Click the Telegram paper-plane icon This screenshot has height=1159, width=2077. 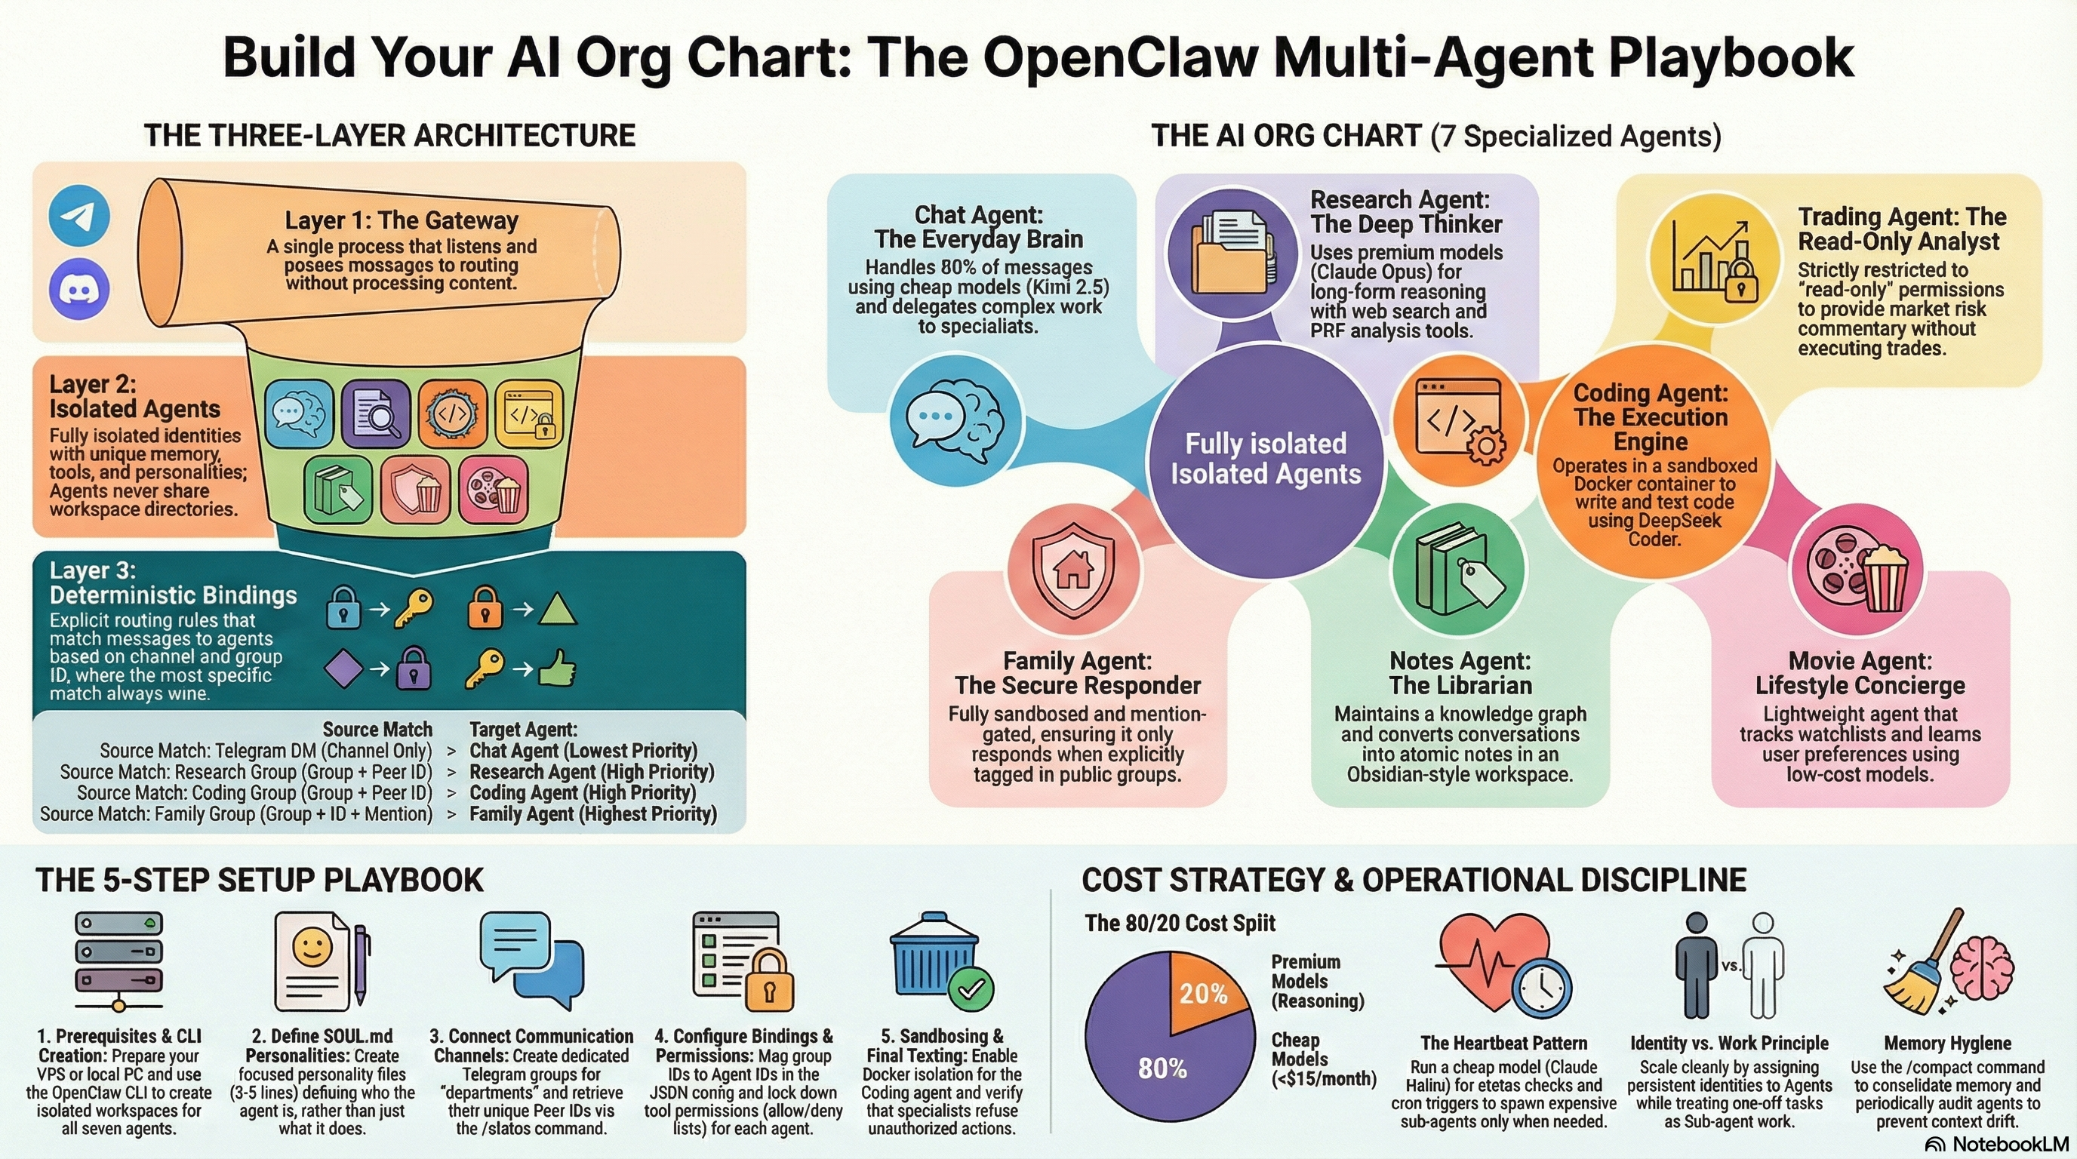coord(79,214)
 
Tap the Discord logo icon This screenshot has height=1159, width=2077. coord(79,288)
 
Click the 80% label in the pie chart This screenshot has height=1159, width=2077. coord(1162,1068)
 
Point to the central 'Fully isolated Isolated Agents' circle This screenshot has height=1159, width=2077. coord(1265,460)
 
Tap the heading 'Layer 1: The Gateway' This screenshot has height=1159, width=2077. coord(401,220)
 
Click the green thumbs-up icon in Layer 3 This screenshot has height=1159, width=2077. coord(557,668)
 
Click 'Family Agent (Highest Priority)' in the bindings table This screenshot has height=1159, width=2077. coord(592,814)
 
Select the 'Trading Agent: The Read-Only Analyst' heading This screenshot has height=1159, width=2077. coord(1901,229)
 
